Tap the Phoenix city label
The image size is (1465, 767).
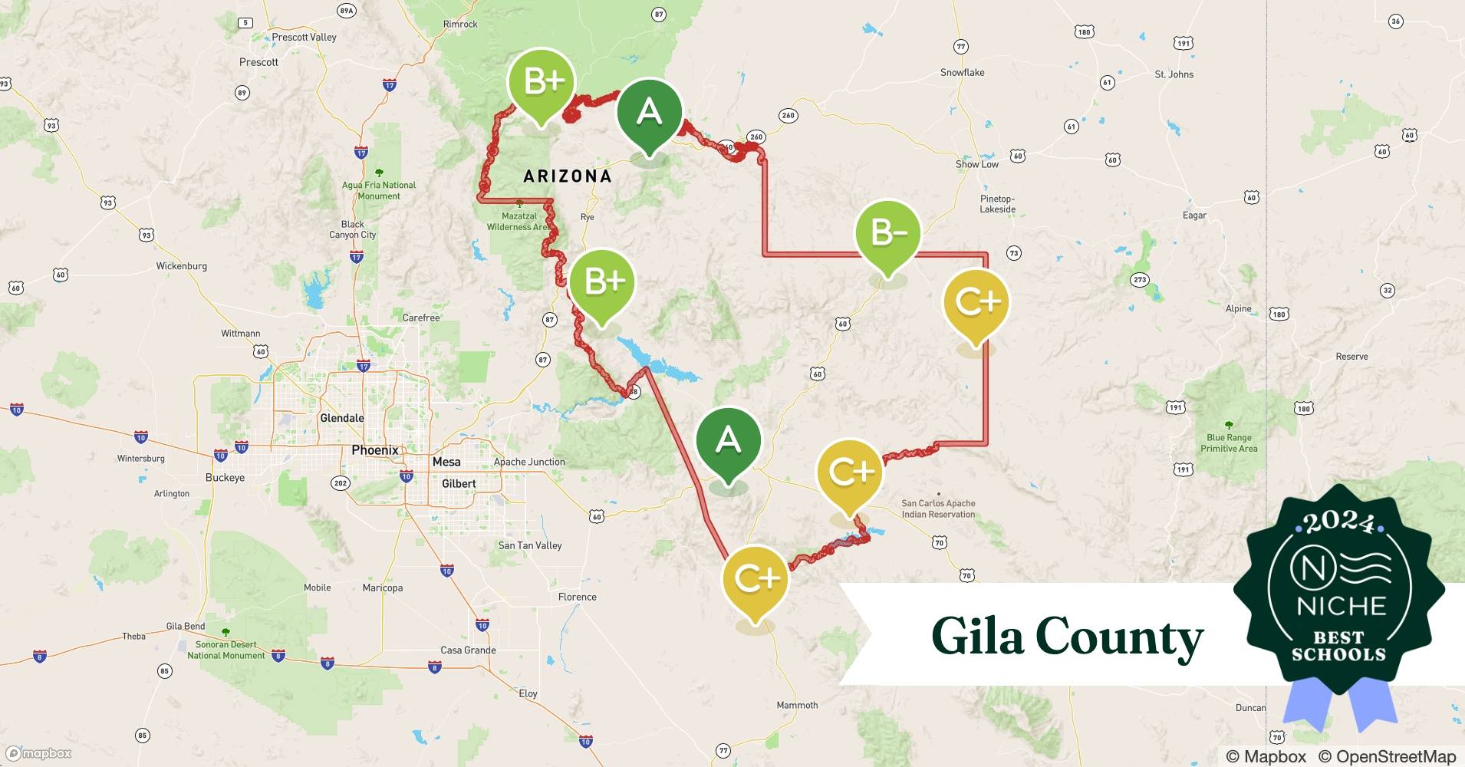coord(374,450)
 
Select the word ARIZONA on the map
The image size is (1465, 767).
coord(568,176)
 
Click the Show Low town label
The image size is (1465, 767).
coord(976,164)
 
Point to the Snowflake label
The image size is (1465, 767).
coord(962,73)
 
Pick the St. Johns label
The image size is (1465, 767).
coord(1174,74)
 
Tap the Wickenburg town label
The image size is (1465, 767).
coord(181,266)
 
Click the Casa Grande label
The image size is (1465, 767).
coord(468,650)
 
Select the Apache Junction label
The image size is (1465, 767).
coord(529,462)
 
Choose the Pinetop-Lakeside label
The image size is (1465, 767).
coord(997,204)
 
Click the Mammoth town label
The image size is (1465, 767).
coord(797,706)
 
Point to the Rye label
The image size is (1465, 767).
coord(587,217)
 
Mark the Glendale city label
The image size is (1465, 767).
coord(341,418)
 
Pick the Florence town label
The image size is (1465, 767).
coord(577,597)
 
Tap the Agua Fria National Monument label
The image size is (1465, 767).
coord(378,190)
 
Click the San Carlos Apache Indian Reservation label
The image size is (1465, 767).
coord(938,509)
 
